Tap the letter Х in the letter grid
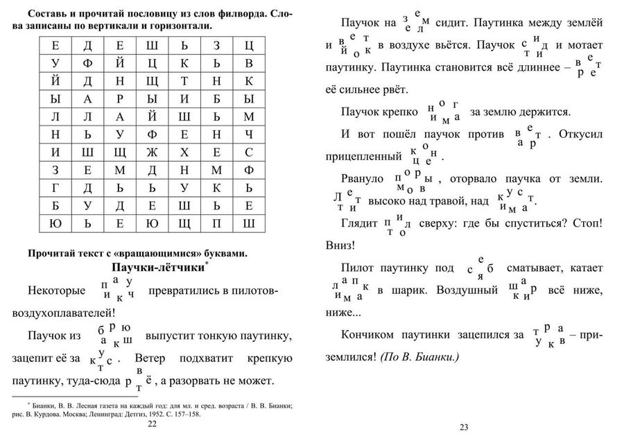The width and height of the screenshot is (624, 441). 184,152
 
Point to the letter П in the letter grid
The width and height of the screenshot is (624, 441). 216,224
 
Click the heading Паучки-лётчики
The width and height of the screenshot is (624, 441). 156,267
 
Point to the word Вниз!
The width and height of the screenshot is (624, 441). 340,245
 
